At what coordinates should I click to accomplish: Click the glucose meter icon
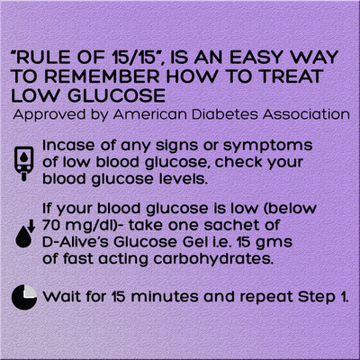click(23, 164)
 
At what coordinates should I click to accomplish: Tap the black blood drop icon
click(23, 237)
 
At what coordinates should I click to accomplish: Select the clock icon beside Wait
click(24, 297)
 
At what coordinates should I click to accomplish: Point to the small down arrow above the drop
click(31, 226)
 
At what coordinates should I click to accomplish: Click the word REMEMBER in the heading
click(103, 76)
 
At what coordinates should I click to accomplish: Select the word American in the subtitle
click(150, 114)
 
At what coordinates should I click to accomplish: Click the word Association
click(306, 114)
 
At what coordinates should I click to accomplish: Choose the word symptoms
click(268, 147)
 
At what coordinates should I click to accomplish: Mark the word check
click(238, 162)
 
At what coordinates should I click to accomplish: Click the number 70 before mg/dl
click(51, 225)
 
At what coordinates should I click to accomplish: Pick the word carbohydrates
click(213, 259)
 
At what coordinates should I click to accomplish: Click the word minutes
click(165, 297)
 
